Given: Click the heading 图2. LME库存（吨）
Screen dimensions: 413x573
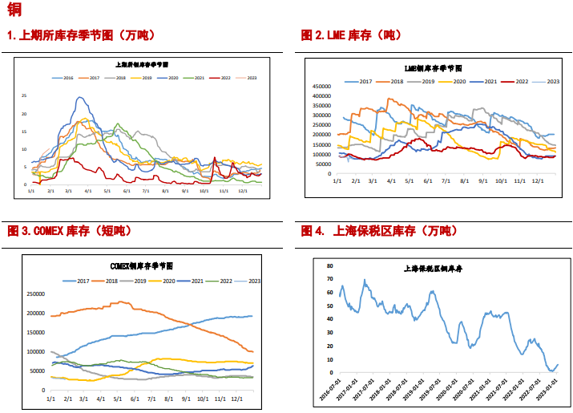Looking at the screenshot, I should tap(351, 35).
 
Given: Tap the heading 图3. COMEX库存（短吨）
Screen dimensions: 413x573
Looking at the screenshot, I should tap(70, 231).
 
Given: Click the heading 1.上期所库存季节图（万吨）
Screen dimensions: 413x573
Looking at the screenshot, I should tap(82, 35).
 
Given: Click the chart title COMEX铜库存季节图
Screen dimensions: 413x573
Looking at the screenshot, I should tap(141, 265).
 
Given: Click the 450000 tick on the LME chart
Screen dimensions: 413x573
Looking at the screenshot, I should tap(322, 86).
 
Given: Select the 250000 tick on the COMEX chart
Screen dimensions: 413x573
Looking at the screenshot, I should tap(36, 294).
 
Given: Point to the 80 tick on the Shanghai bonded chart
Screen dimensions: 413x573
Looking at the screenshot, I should tap(329, 264).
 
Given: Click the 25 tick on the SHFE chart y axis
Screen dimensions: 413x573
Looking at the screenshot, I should tap(25, 95).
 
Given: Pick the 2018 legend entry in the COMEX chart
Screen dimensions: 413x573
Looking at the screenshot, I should tap(109, 281).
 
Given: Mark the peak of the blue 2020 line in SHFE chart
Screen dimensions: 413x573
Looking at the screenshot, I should tap(80, 98).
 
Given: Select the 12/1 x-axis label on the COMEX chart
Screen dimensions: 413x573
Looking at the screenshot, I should tap(236, 399).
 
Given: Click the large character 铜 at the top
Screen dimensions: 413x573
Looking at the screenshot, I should tap(14, 10).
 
